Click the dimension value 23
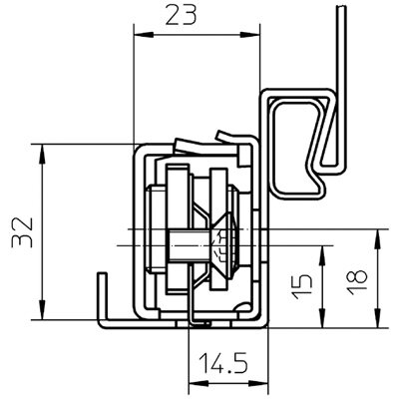[182, 16]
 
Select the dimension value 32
[22, 232]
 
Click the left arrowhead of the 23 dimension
[144, 35]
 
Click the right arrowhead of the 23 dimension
[249, 35]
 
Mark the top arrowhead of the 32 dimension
[42, 155]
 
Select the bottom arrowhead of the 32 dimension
[42, 309]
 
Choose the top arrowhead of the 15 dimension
[322, 256]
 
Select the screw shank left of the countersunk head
[189, 245]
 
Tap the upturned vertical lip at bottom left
[103, 297]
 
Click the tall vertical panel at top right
[341, 87]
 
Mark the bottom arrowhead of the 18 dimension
[377, 317]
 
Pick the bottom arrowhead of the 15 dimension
[322, 317]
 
